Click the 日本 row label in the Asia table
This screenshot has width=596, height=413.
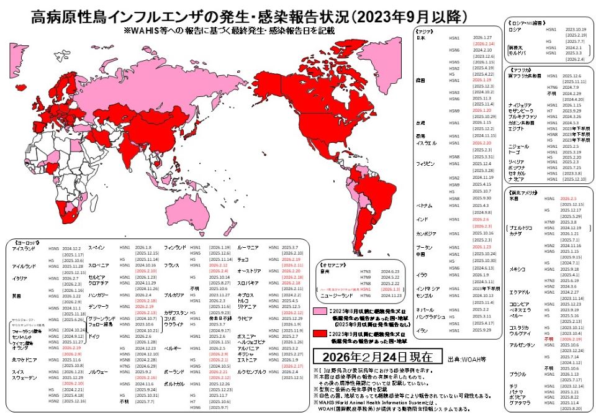420,39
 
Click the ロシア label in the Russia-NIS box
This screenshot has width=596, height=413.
515,29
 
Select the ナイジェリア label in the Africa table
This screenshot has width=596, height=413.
518,105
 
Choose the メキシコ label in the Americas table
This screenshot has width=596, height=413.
516,269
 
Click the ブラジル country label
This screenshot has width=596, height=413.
517,374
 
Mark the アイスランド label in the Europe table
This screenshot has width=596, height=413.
23,248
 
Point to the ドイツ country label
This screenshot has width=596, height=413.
94,336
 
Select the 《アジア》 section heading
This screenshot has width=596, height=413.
424,30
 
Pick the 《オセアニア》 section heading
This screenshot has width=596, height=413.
335,264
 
